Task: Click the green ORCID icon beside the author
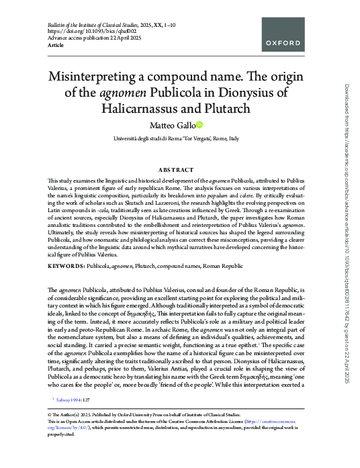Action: [199, 125]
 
